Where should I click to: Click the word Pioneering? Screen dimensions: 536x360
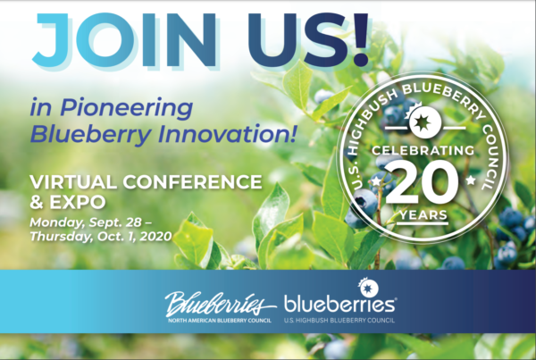coord(127,108)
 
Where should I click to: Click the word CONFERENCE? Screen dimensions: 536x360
coord(192,182)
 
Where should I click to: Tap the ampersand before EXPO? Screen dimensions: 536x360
coord(37,202)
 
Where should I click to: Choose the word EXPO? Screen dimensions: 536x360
coord(77,202)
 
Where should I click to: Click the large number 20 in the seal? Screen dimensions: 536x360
coord(423,183)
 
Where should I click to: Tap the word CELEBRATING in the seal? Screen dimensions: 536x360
coord(423,150)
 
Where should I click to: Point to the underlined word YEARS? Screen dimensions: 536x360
coord(423,215)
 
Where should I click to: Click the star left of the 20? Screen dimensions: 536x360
coord(376,180)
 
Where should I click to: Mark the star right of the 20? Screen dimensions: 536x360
coord(471,180)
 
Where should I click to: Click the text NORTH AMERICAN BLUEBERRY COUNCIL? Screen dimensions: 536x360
coord(220,321)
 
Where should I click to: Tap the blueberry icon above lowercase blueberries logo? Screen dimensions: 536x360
coord(367,288)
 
